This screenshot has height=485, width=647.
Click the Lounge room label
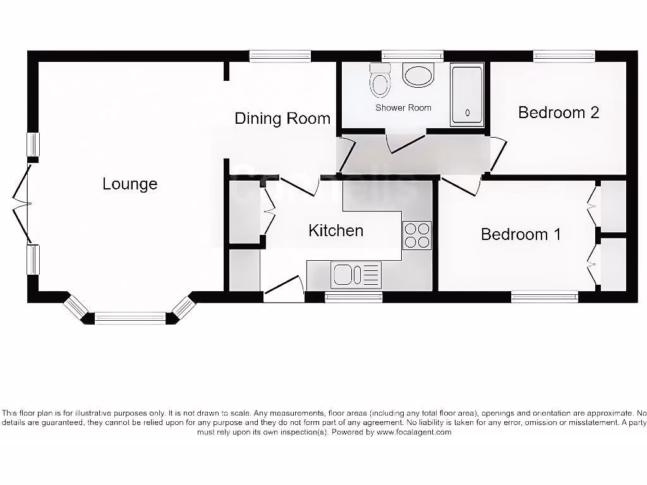point(130,184)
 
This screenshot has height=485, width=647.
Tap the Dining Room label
point(282,118)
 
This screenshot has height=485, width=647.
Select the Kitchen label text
point(336,231)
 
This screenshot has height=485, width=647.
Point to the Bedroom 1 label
point(521,234)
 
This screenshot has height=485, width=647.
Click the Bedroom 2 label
point(559,112)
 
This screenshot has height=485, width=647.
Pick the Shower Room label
point(403,107)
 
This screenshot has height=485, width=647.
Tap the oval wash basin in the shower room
point(418,76)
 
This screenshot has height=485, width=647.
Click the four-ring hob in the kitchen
point(417,236)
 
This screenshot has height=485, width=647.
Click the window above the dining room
point(280,56)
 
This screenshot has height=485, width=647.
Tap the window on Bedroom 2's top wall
point(564,56)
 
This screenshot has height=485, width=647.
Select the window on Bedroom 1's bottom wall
point(544,296)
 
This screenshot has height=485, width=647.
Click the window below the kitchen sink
point(353,297)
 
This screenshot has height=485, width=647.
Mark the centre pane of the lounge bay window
point(130,318)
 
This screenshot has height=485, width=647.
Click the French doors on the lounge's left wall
point(23,203)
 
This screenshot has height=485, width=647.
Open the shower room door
point(406,142)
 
